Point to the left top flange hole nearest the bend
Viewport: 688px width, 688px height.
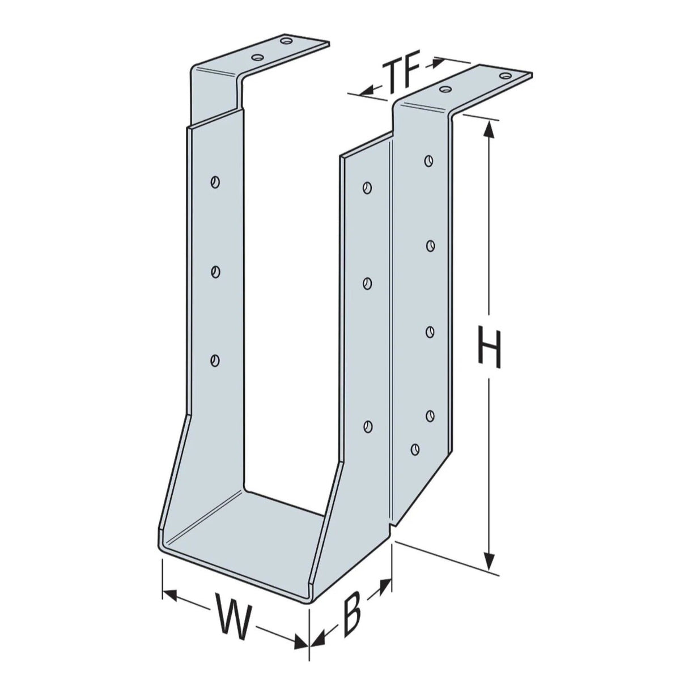point(258,57)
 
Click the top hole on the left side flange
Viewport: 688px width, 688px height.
point(214,182)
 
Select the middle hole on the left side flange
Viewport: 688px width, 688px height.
point(214,272)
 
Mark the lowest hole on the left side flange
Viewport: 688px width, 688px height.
point(214,359)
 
